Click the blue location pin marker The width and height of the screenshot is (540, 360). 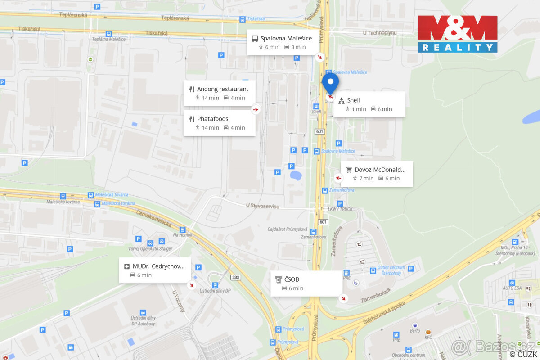[x=331, y=83]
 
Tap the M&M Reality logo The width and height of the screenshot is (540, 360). [x=458, y=34]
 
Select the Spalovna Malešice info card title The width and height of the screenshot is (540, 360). [x=286, y=38]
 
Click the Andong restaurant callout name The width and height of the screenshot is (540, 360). [x=223, y=89]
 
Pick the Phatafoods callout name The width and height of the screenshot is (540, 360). [x=213, y=119]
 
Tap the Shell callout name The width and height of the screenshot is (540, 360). [x=354, y=100]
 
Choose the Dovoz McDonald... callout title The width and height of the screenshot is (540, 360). [x=380, y=170]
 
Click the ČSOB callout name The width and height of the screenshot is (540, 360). [x=292, y=279]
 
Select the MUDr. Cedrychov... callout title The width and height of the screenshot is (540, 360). [x=158, y=266]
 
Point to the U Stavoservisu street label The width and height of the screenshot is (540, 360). [x=263, y=206]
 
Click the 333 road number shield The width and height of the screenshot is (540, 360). [x=235, y=277]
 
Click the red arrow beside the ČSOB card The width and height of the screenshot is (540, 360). [x=344, y=298]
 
